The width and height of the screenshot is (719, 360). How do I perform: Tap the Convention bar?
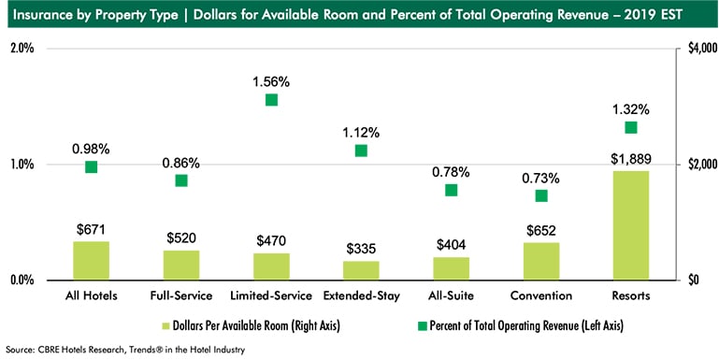point(540,261)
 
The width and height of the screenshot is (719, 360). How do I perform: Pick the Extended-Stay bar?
point(361,269)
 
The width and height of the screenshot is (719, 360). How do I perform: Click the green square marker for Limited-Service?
point(271,100)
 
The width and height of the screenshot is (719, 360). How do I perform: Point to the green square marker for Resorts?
point(630,127)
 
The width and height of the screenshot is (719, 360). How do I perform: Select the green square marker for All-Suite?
point(451,190)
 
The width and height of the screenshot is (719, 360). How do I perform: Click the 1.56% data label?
point(271,81)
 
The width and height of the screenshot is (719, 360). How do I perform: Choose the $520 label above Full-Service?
point(181,237)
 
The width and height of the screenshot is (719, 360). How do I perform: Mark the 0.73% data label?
point(540,177)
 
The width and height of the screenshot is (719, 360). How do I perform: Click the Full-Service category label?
point(181,296)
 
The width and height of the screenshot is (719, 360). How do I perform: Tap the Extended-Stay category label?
point(361,296)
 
